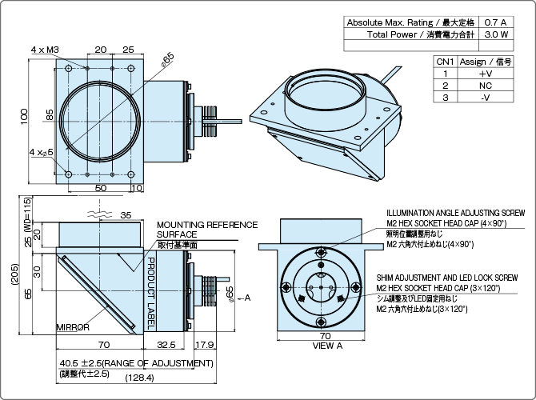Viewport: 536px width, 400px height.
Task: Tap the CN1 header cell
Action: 446,60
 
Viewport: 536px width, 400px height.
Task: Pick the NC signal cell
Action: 486,84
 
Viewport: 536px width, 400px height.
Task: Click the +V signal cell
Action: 486,72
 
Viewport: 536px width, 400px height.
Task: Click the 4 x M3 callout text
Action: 46,50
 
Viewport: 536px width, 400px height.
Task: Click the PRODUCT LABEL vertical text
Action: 151,294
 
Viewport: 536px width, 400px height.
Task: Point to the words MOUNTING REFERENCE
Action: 207,225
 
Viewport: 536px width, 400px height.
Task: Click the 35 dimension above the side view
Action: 125,215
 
